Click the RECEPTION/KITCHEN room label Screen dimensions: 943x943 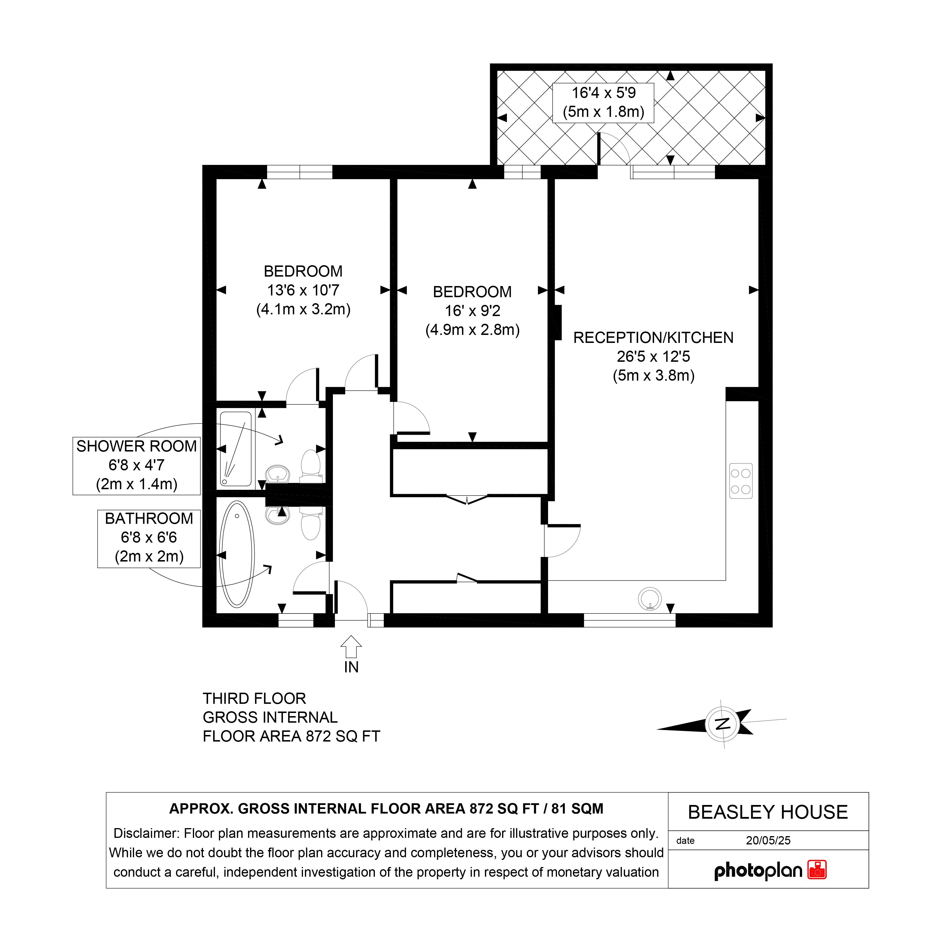[x=653, y=338]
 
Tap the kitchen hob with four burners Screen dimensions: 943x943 [x=740, y=481]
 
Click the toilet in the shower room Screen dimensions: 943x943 [x=310, y=464]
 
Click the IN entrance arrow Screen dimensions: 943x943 [x=351, y=648]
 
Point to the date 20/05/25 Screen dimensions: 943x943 [x=768, y=840]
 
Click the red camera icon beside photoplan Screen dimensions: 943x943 [x=817, y=870]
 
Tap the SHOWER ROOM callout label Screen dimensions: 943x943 [x=137, y=446]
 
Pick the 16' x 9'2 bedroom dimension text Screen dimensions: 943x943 [x=472, y=311]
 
